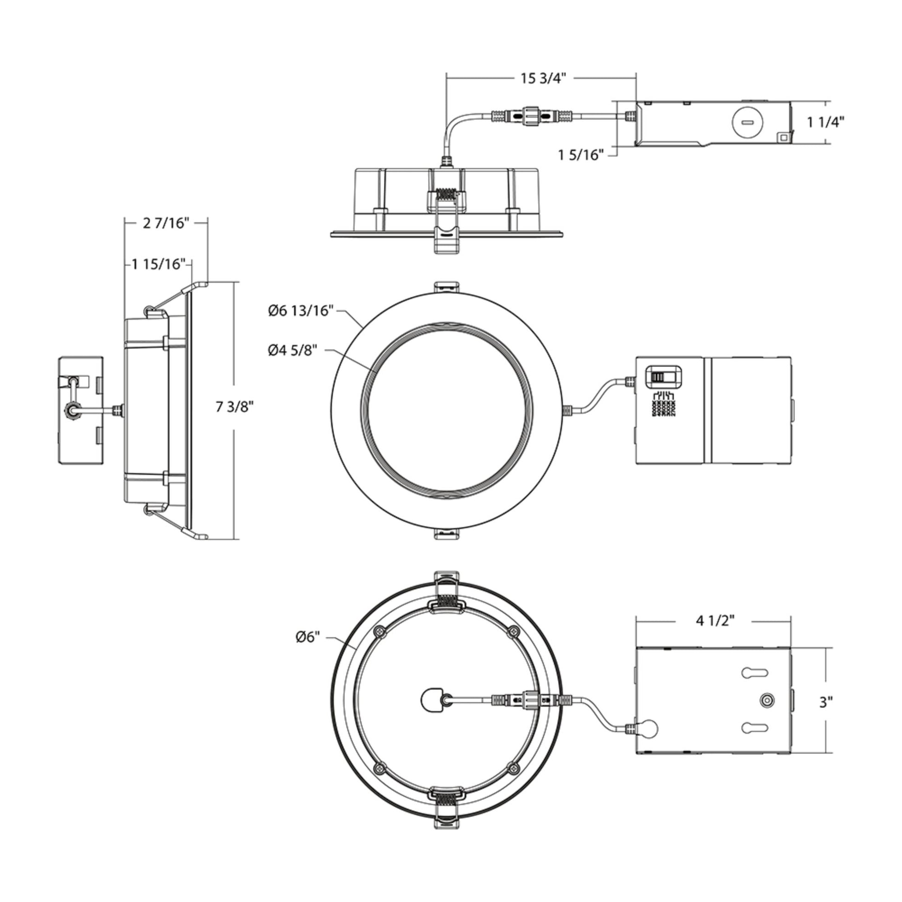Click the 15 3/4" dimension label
(542, 78)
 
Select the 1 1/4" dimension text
(826, 122)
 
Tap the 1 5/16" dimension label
(581, 154)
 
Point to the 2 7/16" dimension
(166, 223)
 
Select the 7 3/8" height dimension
(234, 407)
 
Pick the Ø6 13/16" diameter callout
(301, 311)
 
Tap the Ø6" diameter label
(308, 637)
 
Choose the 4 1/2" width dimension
(715, 621)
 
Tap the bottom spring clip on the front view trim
(447, 534)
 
